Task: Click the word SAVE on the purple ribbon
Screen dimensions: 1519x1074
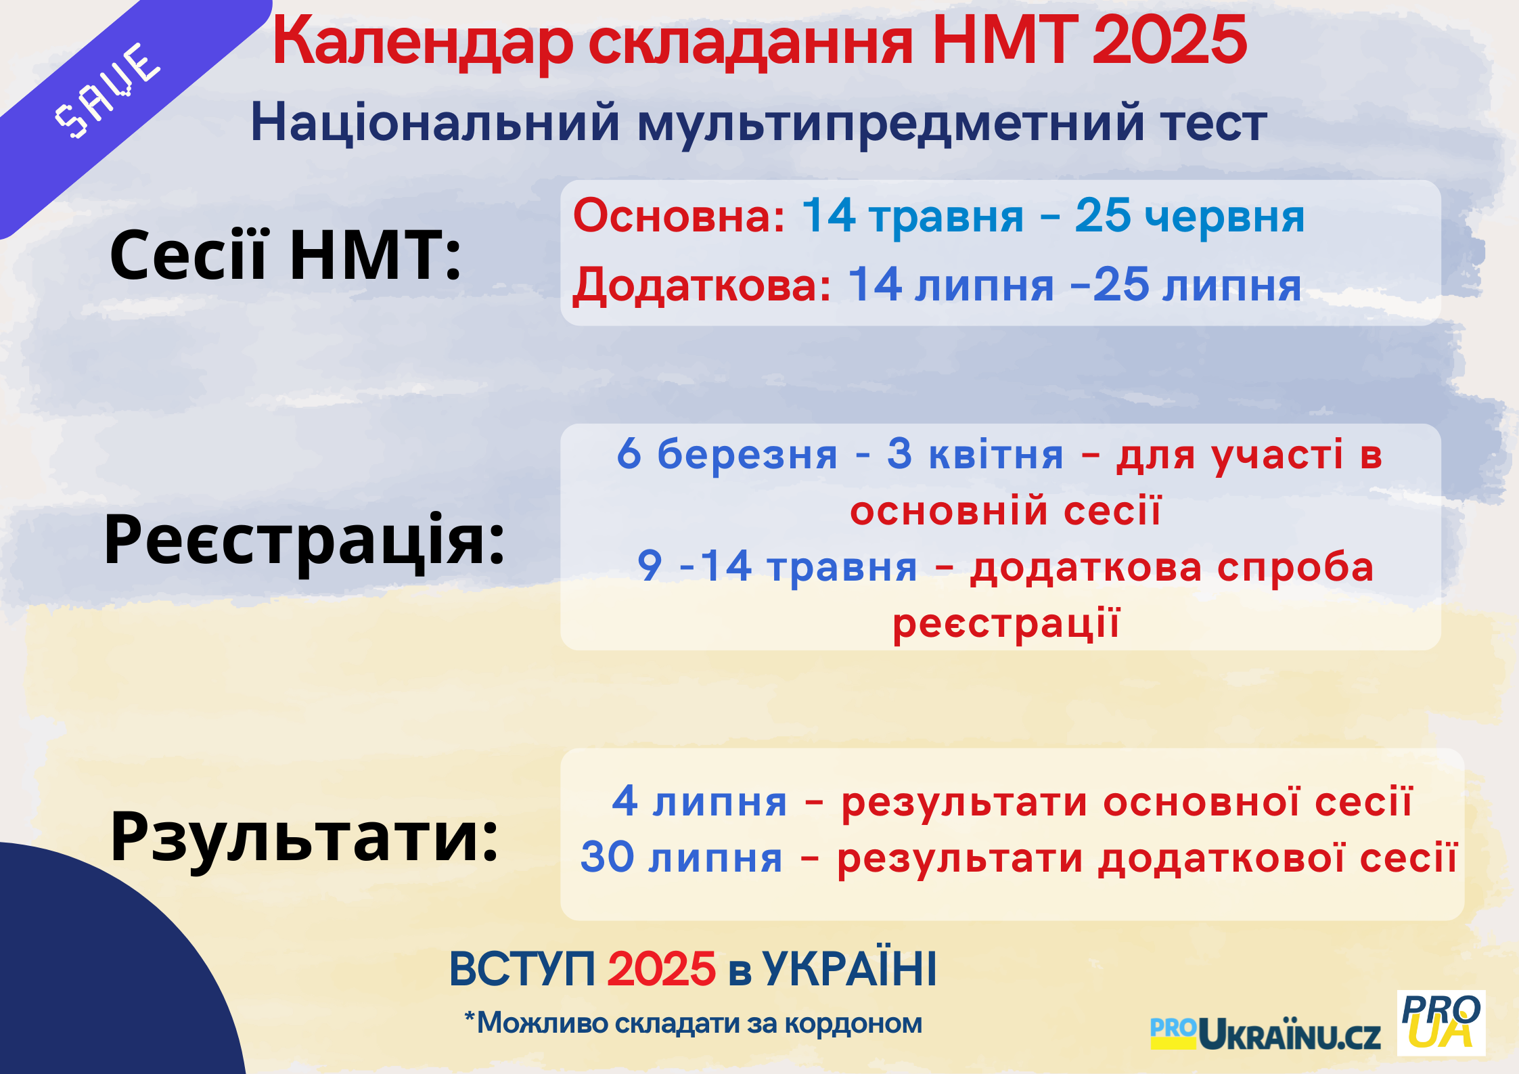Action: (107, 91)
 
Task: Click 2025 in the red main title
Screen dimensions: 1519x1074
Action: (1169, 41)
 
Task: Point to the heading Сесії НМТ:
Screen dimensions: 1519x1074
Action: (286, 254)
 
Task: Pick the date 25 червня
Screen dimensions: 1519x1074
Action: (1189, 216)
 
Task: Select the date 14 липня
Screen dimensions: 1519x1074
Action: (951, 284)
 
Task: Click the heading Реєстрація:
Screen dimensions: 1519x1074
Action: (304, 540)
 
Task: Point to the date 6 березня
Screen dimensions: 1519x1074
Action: (727, 453)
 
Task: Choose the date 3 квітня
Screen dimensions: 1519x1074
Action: (976, 453)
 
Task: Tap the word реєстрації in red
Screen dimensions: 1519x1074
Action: (1006, 623)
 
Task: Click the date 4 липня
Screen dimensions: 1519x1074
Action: (700, 801)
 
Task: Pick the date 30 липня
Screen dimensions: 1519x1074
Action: (681, 857)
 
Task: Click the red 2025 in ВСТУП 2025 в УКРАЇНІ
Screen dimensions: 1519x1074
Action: (661, 968)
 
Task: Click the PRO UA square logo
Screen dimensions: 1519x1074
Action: (1441, 1023)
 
